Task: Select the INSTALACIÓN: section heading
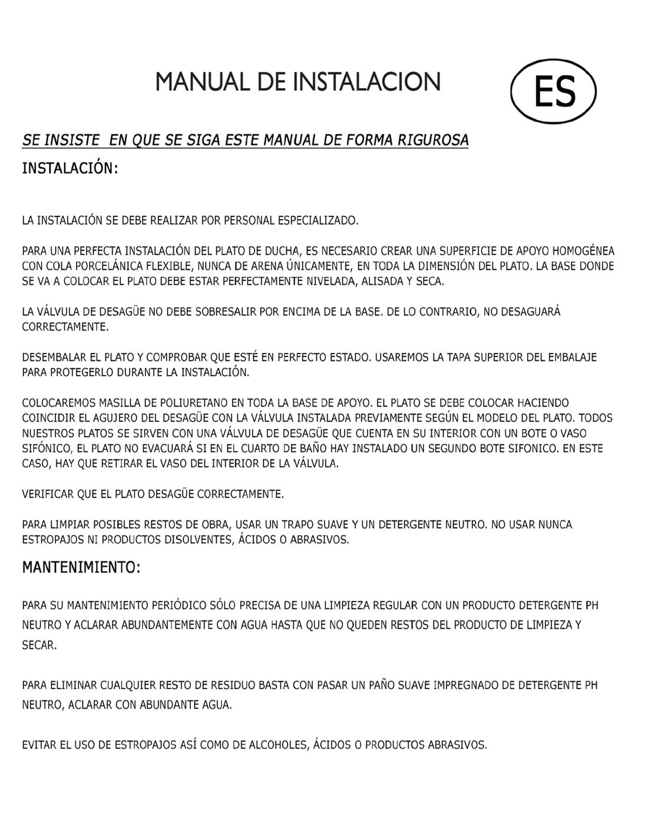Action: (70, 169)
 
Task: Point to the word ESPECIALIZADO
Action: (318, 221)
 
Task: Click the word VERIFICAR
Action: (48, 494)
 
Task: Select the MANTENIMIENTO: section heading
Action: (81, 568)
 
